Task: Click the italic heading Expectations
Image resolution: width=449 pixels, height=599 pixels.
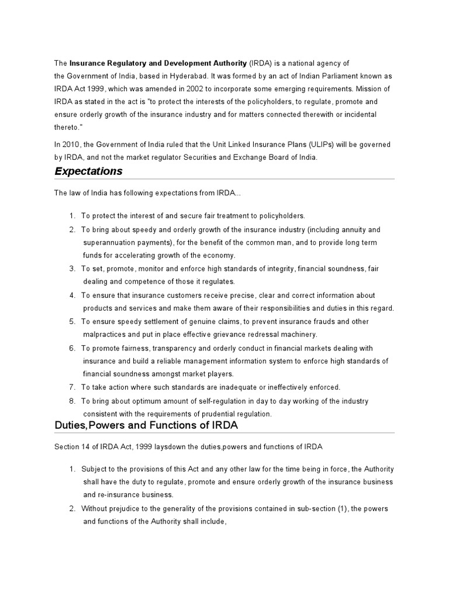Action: point(88,171)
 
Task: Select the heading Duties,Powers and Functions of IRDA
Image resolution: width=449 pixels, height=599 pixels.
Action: point(146,425)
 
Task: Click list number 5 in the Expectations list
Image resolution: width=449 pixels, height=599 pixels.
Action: point(72,322)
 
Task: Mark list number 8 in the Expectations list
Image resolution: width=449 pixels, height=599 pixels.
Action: point(72,401)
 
